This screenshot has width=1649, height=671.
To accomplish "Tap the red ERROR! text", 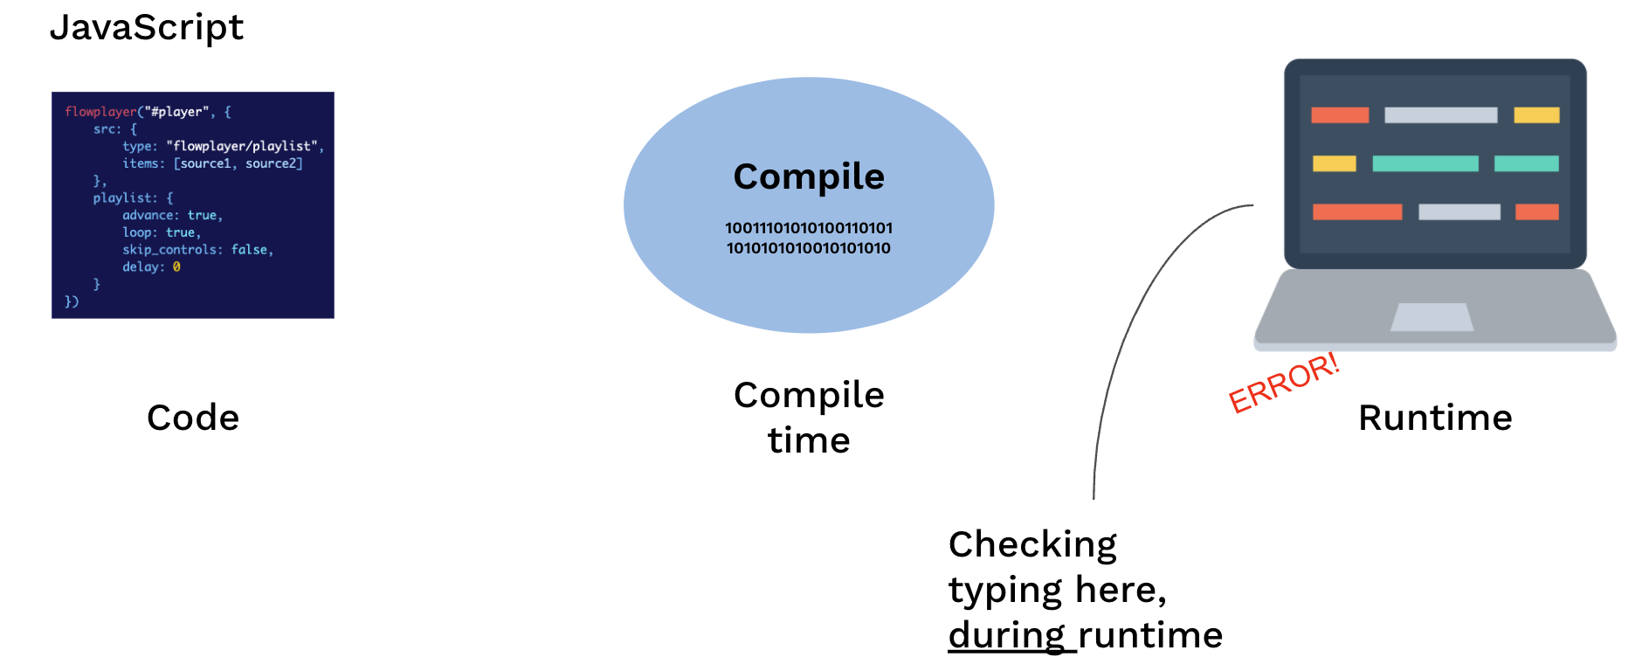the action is [1284, 383].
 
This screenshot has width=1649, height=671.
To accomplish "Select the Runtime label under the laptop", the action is [1435, 418].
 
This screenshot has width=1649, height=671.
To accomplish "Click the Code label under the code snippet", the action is [193, 418].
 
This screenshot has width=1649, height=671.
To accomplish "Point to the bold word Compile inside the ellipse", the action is [809, 177].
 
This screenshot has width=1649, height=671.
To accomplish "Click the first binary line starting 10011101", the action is [809, 228].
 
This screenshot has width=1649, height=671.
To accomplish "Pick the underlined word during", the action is [1007, 636].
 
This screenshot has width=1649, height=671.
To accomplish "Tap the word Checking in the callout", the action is [1032, 545].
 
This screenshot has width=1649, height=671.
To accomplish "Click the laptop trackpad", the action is [1432, 317].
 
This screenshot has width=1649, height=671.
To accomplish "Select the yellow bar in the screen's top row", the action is [1536, 115].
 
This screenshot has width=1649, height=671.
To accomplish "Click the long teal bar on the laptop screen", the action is [1425, 163].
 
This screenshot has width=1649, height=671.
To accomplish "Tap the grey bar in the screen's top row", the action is [1441, 115].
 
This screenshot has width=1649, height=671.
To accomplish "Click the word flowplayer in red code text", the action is [100, 112].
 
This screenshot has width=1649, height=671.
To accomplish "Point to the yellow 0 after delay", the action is [176, 267].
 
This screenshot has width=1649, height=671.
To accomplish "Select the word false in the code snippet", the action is [251, 250].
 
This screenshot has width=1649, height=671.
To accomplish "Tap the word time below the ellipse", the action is [809, 440].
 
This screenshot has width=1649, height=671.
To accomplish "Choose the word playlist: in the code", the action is [126, 198].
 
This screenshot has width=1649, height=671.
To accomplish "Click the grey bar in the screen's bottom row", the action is [1459, 211].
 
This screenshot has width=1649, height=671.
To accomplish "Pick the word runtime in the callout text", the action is [1150, 636].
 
